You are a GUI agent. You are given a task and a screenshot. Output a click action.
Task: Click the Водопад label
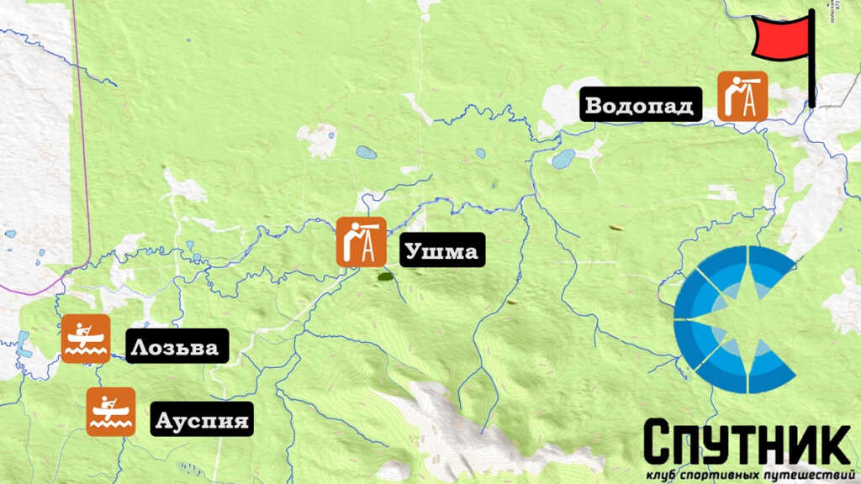[x=639, y=106]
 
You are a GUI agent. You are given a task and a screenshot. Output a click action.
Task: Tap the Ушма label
[x=442, y=250]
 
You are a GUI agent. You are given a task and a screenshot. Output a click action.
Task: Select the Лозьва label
[x=177, y=346]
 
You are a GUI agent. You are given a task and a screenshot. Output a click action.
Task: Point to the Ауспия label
[x=202, y=418]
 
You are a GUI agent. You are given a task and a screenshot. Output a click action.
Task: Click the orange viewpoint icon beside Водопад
[x=742, y=95]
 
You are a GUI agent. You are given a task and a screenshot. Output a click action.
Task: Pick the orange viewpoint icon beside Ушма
[x=362, y=242]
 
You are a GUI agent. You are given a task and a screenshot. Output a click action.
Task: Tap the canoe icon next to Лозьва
[x=86, y=339]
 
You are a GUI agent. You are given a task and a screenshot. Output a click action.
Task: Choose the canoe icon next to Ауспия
[x=111, y=412]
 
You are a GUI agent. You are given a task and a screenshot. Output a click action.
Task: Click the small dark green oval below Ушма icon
[x=387, y=275]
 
